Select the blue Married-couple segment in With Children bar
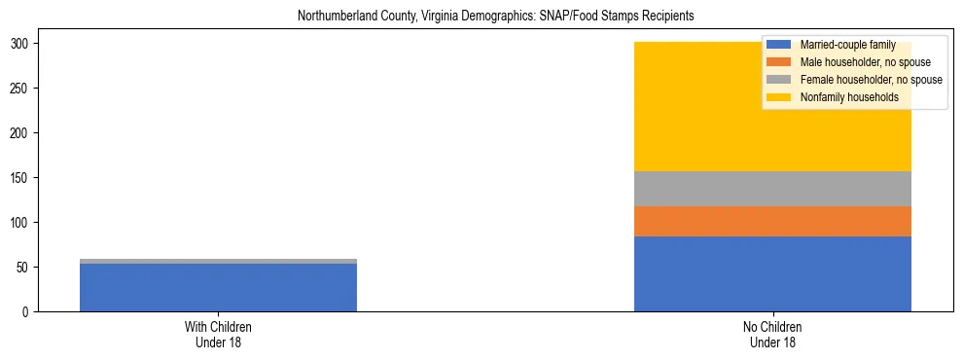(x=218, y=287)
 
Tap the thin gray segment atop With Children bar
(x=218, y=261)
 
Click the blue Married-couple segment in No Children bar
(x=772, y=273)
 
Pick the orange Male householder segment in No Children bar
(x=772, y=221)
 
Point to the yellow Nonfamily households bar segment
(x=700, y=107)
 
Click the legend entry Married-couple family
(x=845, y=45)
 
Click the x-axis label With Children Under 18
(x=218, y=334)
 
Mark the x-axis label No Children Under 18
(x=772, y=334)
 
